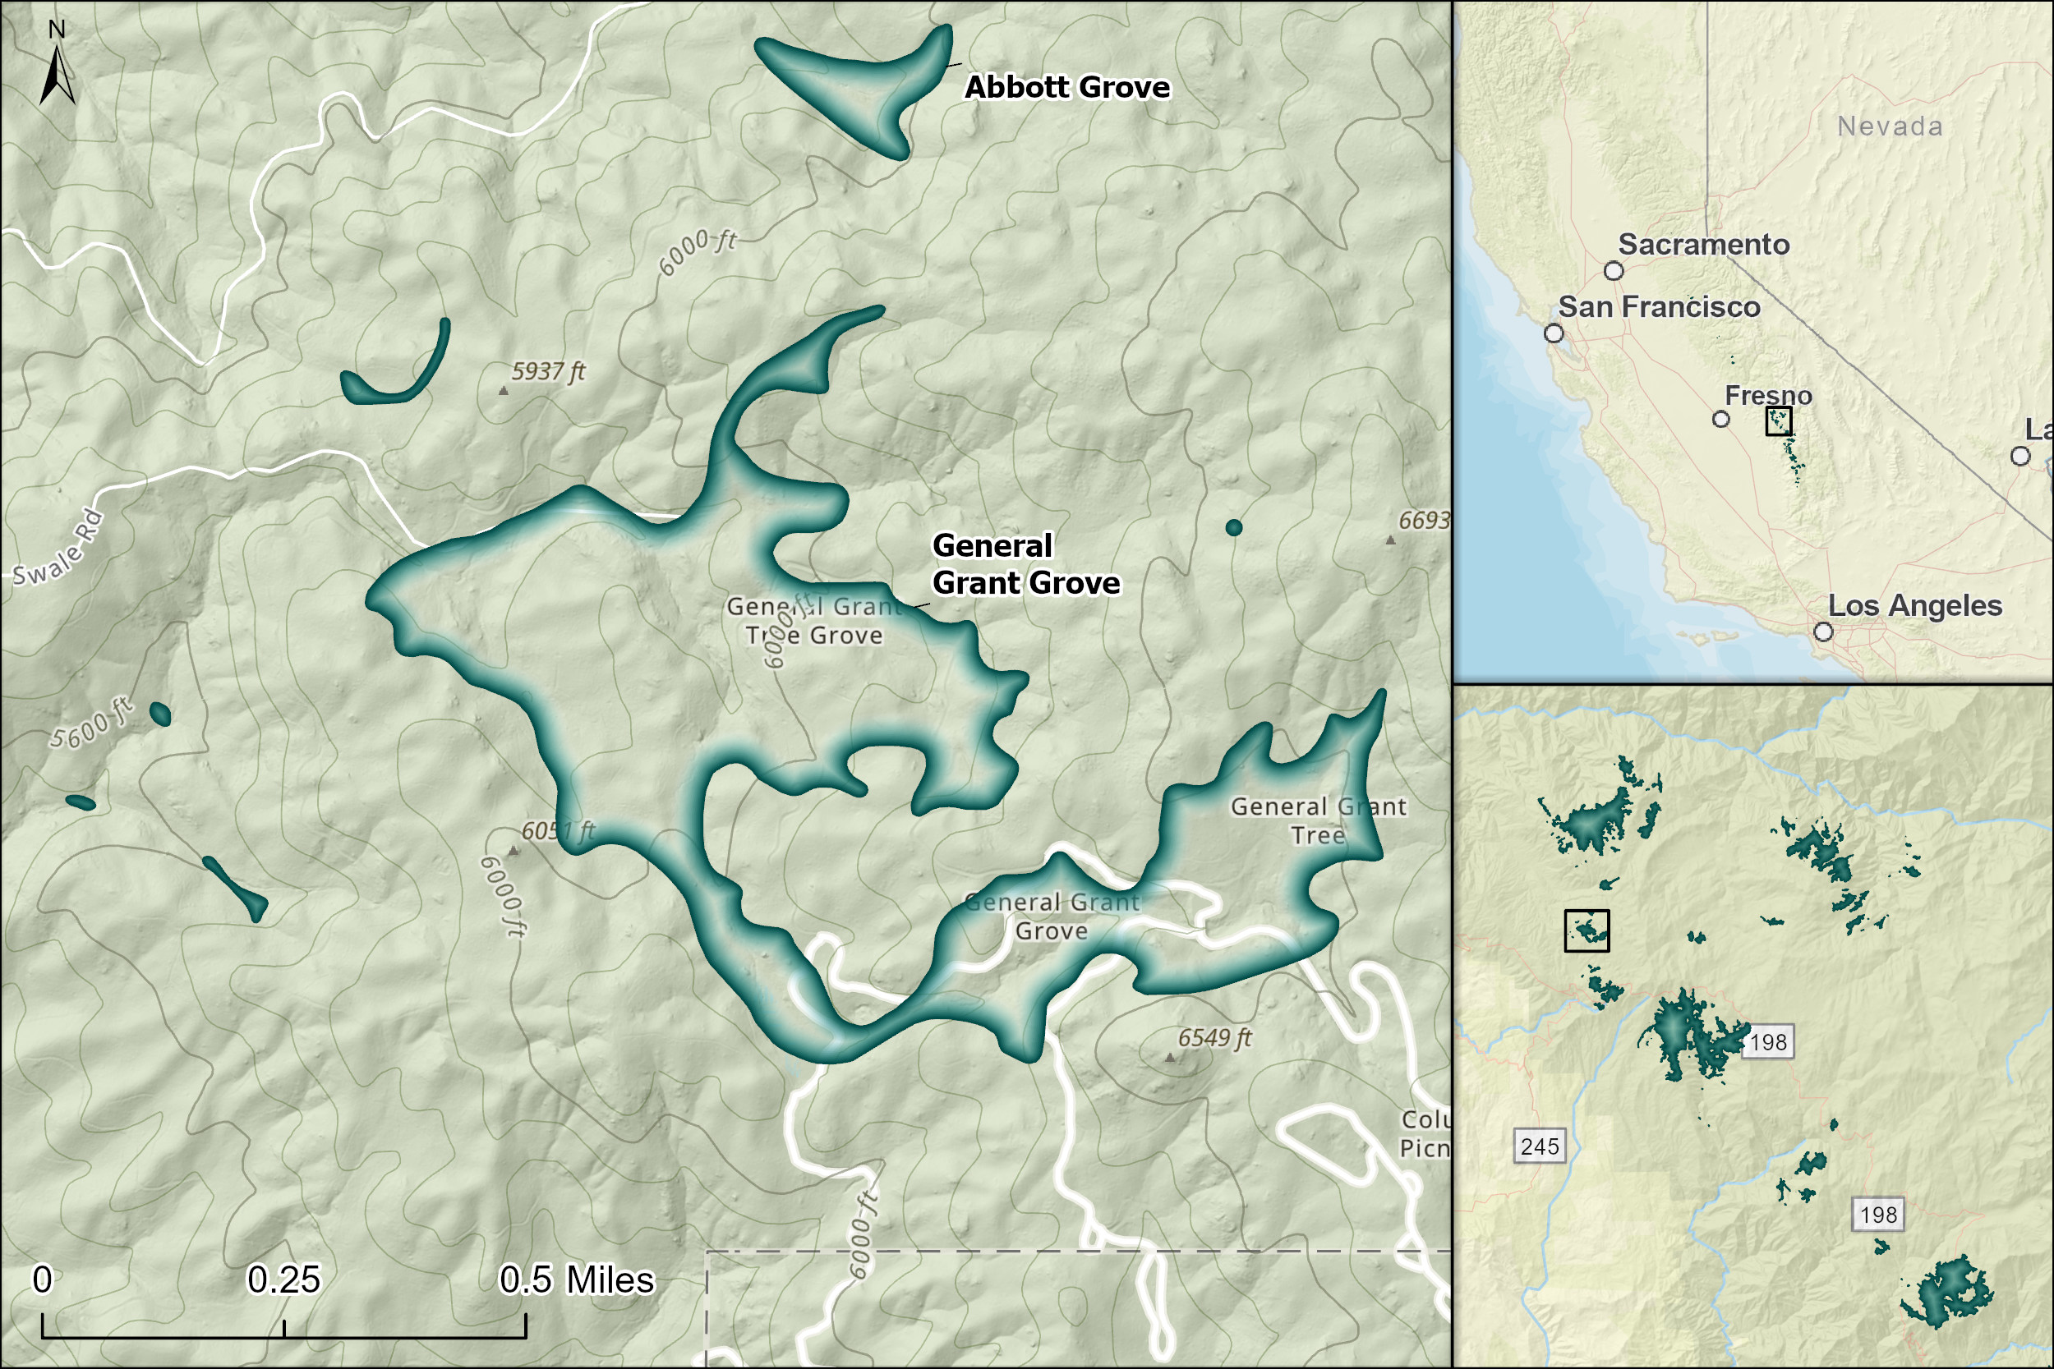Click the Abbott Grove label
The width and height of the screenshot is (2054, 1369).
coord(1066,87)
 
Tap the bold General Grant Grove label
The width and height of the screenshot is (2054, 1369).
coord(1025,564)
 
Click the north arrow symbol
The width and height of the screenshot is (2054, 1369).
coord(57,74)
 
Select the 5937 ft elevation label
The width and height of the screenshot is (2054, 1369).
coord(547,371)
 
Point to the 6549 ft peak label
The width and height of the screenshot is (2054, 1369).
coord(1214,1037)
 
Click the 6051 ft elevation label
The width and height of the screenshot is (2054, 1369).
coord(557,830)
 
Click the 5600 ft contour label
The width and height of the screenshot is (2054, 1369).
coord(90,724)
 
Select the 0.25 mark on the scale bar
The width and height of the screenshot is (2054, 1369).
coord(283,1280)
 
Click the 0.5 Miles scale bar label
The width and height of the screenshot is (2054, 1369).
coord(577,1280)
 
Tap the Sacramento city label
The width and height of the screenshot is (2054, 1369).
coord(1703,245)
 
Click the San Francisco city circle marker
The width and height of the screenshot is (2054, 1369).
coord(1554,333)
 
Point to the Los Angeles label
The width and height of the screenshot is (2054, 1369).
coord(1914,605)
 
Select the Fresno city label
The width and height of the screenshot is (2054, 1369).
coord(1767,396)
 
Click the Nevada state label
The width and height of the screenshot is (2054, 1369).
coord(1890,126)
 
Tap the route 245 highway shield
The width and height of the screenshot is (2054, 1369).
coord(1539,1146)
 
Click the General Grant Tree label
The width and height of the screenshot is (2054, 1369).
coord(1318,820)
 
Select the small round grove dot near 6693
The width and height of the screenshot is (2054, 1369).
coord(1233,527)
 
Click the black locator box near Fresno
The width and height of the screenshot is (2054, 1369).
coord(1778,420)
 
